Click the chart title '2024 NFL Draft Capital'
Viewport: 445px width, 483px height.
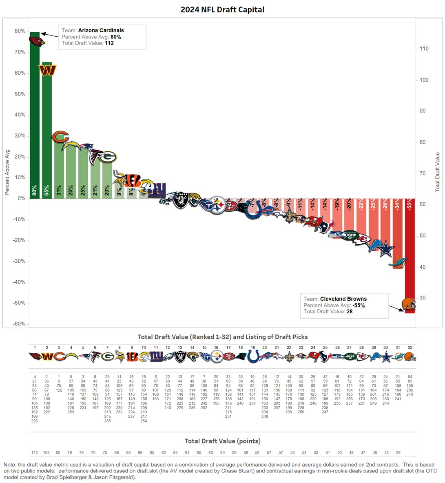[x=222, y=9]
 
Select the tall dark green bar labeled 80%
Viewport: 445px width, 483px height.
[x=35, y=122]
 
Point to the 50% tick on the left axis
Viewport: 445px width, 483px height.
[x=20, y=94]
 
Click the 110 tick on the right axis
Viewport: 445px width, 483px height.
[x=424, y=49]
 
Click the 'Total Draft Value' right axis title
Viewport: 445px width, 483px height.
[x=438, y=172]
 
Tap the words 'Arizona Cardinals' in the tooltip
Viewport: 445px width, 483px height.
[x=101, y=31]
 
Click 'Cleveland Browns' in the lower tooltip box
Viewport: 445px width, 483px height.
[x=343, y=299]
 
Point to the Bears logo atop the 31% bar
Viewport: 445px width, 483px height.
[x=60, y=137]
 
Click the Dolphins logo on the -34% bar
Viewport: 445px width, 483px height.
[x=399, y=262]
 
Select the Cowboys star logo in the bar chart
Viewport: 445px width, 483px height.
[x=386, y=250]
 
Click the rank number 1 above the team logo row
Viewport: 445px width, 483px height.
[x=35, y=348]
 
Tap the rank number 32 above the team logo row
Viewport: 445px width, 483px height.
[x=410, y=348]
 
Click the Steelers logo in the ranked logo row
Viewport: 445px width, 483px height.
[x=217, y=357]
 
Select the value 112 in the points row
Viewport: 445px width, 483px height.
[x=35, y=453]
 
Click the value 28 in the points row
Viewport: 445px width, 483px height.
[x=398, y=453]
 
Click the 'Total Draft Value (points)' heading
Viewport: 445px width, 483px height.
[x=222, y=441]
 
